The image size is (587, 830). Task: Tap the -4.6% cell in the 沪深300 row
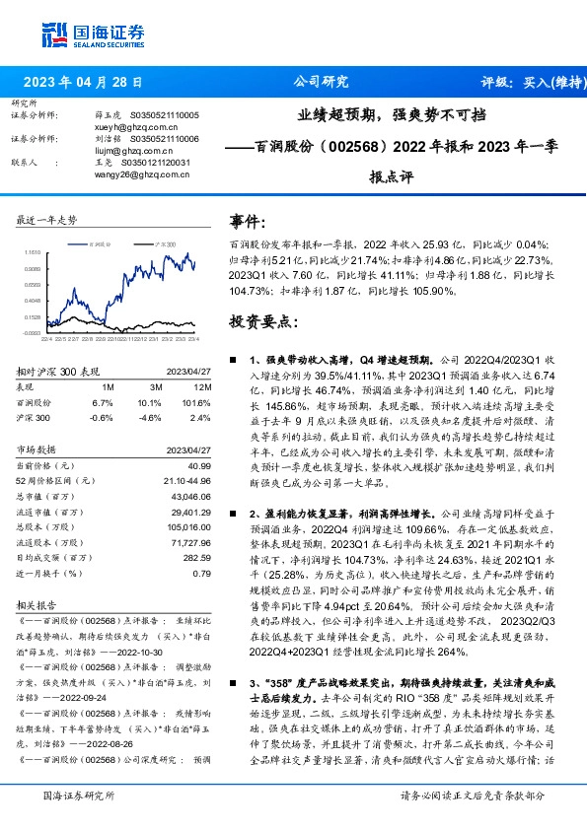point(150,416)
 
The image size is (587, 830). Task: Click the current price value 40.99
point(199,464)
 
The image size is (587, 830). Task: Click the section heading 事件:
point(248,221)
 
